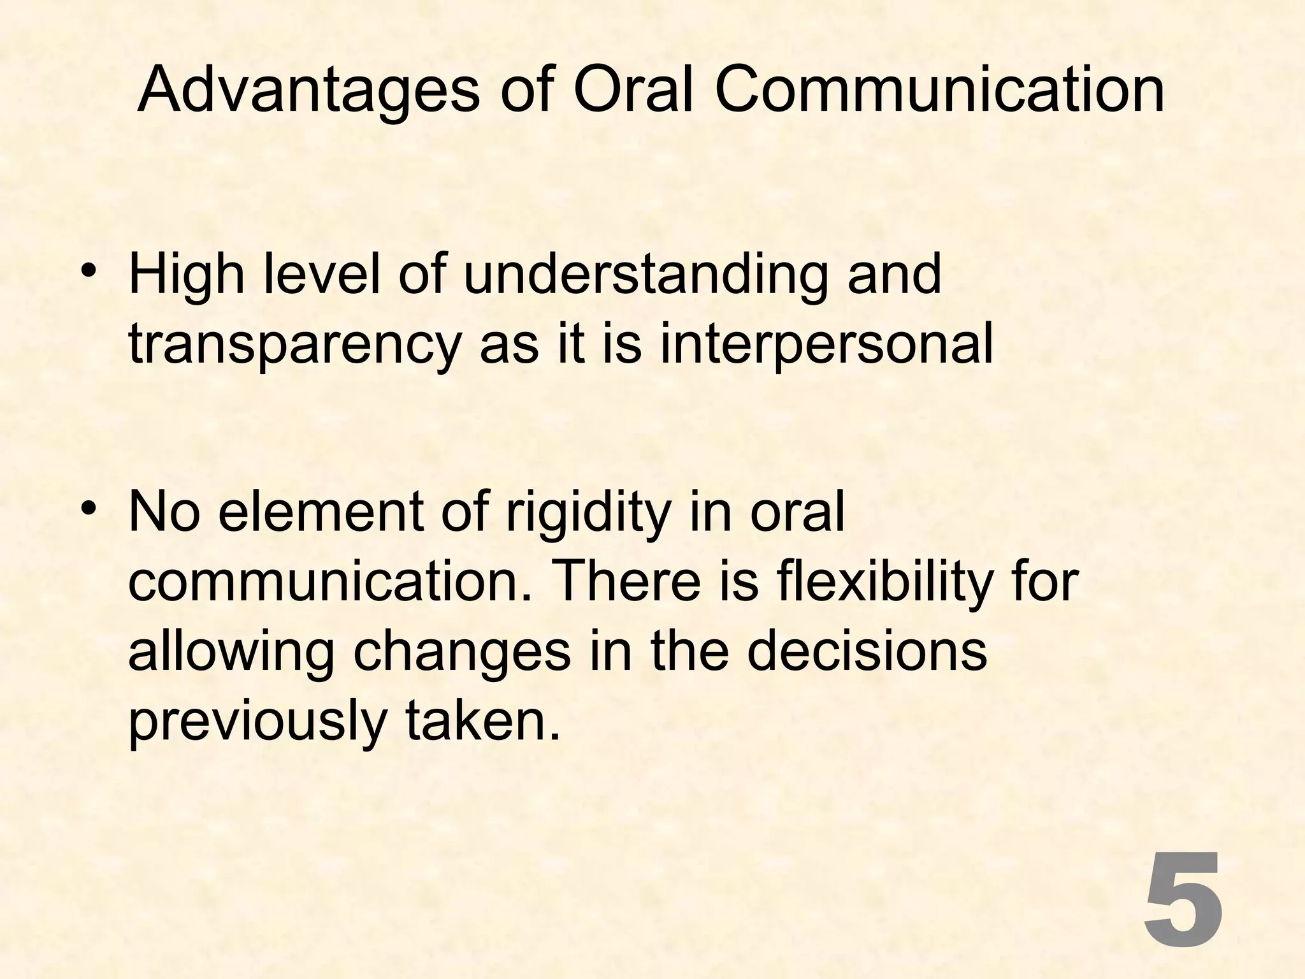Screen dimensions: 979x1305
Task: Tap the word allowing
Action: [231, 652]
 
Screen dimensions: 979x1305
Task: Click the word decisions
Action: [867, 652]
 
